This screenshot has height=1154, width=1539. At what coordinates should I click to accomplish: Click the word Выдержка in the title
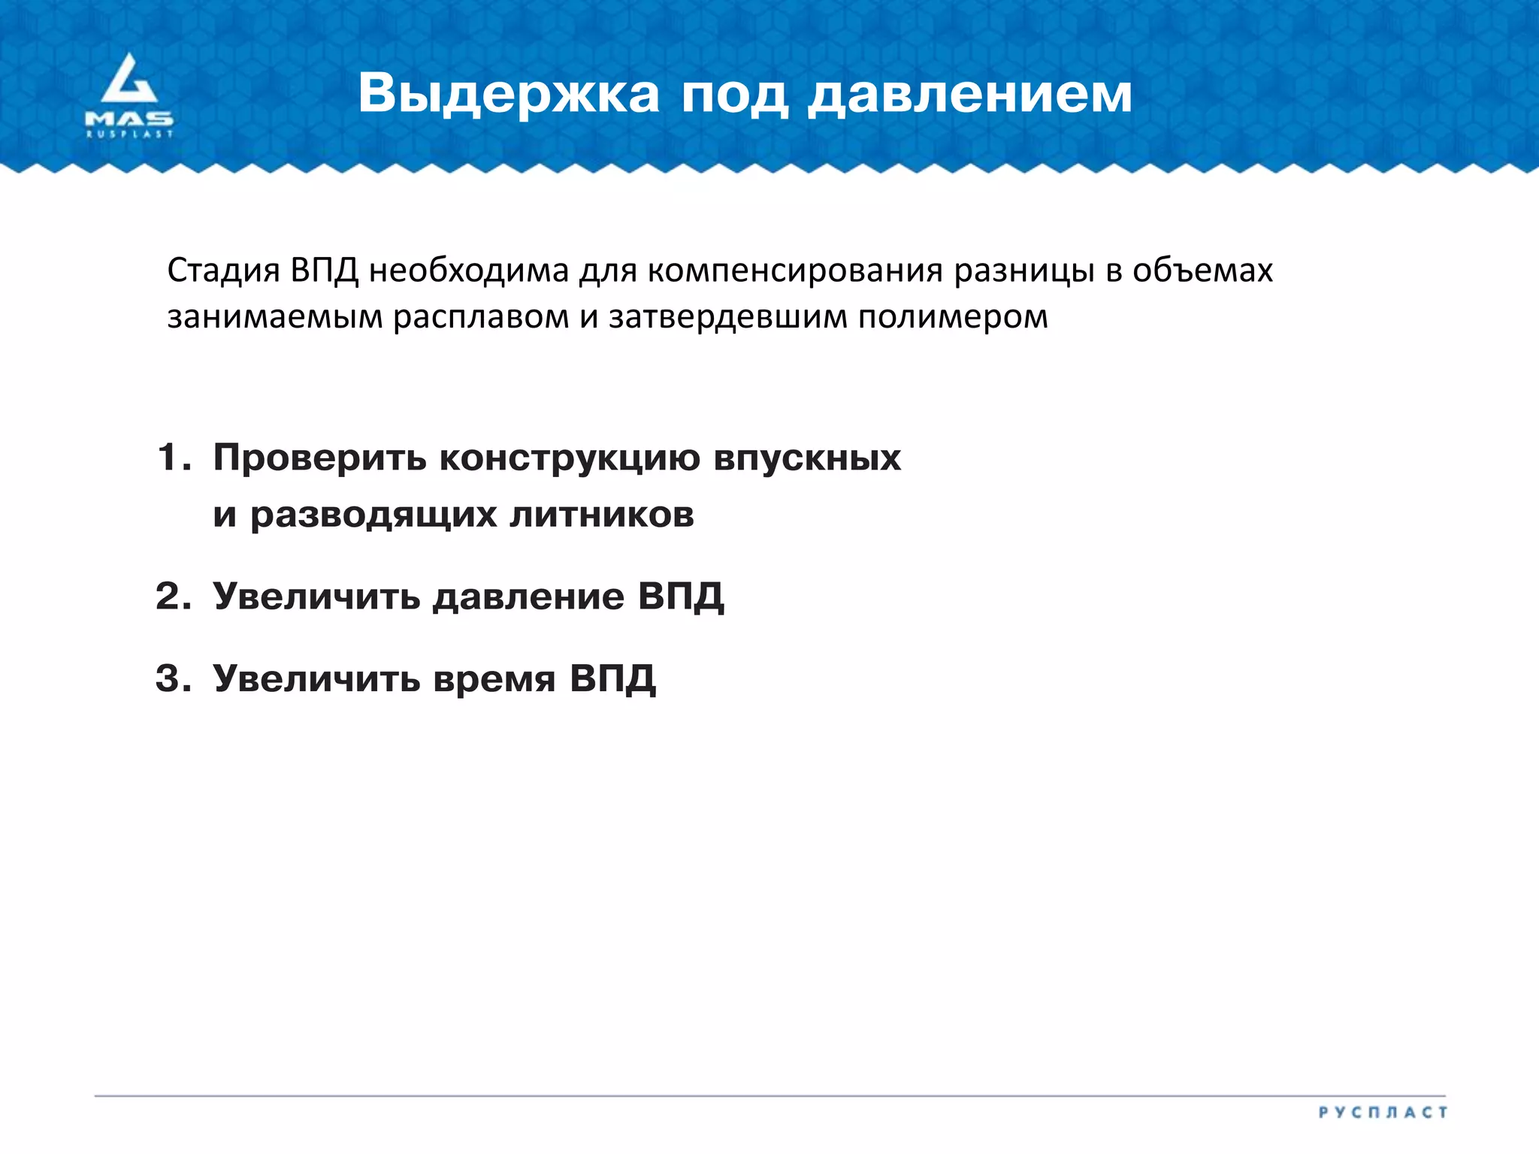(x=509, y=94)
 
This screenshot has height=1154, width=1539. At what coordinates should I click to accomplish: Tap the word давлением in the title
(x=969, y=94)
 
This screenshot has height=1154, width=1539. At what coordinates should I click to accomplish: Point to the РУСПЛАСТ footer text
(x=1383, y=1112)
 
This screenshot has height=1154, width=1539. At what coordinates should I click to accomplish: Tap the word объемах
(x=1202, y=270)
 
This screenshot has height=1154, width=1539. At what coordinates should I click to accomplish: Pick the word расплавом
(x=481, y=317)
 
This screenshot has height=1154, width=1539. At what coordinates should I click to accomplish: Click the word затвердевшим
(x=728, y=317)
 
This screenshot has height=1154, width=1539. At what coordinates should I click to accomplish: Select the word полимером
(x=953, y=317)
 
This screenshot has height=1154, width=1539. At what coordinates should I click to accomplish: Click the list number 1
(x=172, y=458)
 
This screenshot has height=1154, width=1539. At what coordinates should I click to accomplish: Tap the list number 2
(x=172, y=597)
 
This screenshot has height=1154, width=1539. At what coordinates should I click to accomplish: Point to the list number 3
(x=172, y=678)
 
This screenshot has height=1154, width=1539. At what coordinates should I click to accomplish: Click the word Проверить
(x=319, y=458)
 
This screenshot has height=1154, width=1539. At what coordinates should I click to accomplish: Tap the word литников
(x=601, y=515)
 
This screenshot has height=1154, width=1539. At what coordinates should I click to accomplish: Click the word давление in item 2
(x=528, y=597)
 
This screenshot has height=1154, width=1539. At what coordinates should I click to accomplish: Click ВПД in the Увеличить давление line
(x=681, y=597)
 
